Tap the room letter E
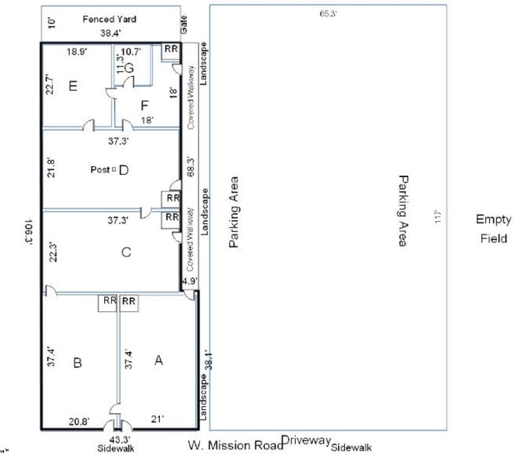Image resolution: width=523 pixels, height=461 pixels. tap(73, 85)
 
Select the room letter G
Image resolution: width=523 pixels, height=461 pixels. tap(129, 68)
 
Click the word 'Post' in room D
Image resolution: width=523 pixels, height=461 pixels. tap(100, 169)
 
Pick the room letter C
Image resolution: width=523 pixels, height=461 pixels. tap(125, 252)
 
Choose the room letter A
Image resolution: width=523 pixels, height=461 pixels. tap(158, 360)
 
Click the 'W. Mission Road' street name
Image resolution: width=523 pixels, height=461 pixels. tap(234, 446)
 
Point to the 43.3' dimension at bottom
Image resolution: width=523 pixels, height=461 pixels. tap(118, 440)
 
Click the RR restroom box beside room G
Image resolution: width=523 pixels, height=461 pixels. tap(171, 51)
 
